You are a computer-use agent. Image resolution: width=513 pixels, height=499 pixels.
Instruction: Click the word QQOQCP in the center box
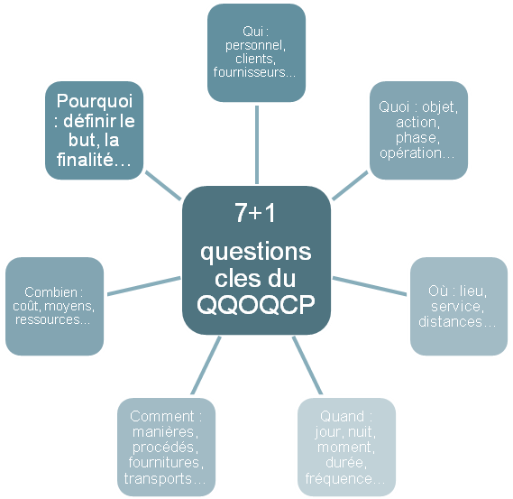tap(256, 305)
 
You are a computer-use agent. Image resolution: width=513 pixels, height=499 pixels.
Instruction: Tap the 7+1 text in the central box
tap(255, 213)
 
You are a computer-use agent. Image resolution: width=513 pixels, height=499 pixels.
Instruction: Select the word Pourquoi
tap(95, 101)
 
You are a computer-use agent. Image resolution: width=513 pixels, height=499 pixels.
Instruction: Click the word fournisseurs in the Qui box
tap(250, 72)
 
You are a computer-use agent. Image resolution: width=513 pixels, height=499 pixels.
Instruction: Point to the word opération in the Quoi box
tap(410, 153)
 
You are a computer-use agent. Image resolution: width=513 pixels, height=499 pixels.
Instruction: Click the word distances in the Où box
tap(451, 322)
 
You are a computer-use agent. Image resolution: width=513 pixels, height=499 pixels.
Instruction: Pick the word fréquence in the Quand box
tap(339, 479)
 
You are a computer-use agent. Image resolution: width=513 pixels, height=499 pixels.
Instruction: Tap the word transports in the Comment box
tap(158, 479)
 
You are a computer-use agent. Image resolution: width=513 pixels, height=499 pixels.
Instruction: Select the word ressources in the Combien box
tap(48, 319)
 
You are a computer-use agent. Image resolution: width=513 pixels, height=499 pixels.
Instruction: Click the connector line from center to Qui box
tap(257, 144)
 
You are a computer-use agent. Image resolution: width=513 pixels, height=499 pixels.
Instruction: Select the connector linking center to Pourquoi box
tap(163, 185)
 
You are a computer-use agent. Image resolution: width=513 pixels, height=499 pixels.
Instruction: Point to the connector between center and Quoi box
tap(350, 185)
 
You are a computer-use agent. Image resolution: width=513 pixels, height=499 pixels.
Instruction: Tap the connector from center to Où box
tap(370, 286)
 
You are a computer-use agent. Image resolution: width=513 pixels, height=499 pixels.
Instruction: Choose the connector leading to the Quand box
tap(307, 365)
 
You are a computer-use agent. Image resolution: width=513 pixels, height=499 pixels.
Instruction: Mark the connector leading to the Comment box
tap(206, 365)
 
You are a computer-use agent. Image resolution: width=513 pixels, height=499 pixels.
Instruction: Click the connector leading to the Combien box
tap(144, 286)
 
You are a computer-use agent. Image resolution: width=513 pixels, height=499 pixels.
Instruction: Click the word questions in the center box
tap(256, 253)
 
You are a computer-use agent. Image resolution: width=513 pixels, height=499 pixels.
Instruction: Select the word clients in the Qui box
tap(254, 59)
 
